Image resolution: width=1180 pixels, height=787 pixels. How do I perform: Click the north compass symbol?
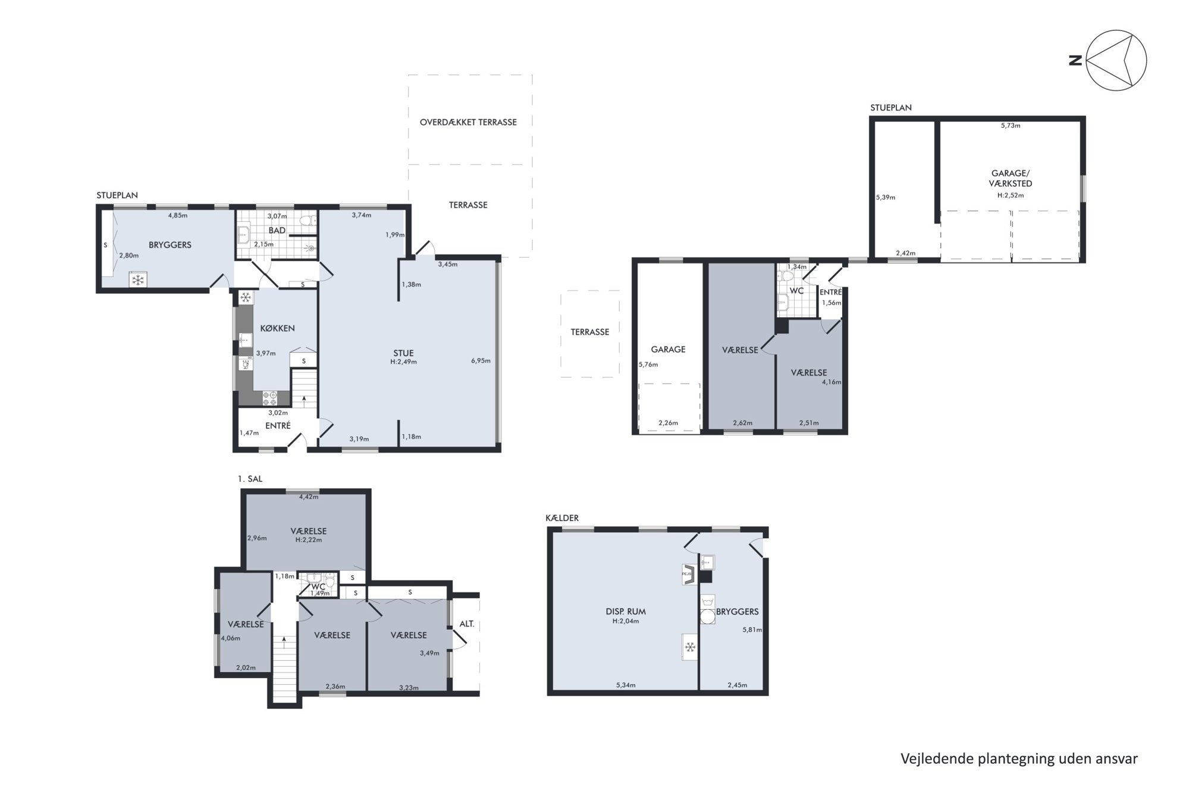(x=1116, y=60)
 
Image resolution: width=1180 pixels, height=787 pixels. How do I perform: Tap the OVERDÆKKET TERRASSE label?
(x=468, y=123)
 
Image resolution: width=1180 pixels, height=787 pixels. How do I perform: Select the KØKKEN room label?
(x=277, y=328)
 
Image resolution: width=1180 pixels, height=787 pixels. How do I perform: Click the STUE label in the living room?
(x=403, y=353)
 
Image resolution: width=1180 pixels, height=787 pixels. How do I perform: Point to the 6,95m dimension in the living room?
(x=481, y=360)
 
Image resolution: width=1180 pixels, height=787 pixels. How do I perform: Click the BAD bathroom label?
(x=277, y=230)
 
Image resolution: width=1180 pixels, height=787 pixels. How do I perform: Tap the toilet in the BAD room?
(x=307, y=221)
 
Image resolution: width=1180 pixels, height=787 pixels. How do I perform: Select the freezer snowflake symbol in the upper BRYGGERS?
(x=139, y=280)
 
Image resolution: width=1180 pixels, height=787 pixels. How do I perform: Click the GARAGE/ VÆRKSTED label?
(x=1010, y=178)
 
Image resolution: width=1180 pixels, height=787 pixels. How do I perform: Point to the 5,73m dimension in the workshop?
(x=1010, y=126)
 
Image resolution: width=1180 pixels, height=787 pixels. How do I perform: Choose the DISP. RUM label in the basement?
(x=626, y=612)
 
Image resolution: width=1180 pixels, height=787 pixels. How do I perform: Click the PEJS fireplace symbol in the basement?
(x=688, y=574)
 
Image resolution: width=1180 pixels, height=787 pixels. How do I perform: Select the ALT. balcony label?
(x=467, y=624)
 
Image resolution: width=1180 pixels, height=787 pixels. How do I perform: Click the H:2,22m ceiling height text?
(x=309, y=540)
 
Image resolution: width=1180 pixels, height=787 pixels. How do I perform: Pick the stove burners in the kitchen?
(x=270, y=398)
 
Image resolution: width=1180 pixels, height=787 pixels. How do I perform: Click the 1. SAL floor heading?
(x=250, y=479)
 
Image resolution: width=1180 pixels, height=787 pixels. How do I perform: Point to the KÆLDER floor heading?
(x=562, y=518)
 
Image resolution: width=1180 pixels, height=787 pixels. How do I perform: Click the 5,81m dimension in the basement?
(x=752, y=629)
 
